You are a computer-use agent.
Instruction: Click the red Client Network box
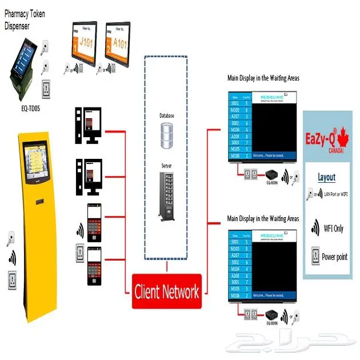pyautogui.click(x=166, y=291)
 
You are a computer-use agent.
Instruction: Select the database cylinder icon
pyautogui.click(x=167, y=136)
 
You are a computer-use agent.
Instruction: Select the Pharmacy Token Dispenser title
pyautogui.click(x=25, y=18)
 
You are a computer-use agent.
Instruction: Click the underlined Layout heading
pyautogui.click(x=326, y=177)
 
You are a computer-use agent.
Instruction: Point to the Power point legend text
pyautogui.click(x=334, y=257)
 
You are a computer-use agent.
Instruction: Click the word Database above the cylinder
pyautogui.click(x=167, y=115)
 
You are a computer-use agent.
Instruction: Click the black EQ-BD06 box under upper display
pyautogui.click(x=271, y=174)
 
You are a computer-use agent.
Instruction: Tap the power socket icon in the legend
pyautogui.click(x=314, y=256)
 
